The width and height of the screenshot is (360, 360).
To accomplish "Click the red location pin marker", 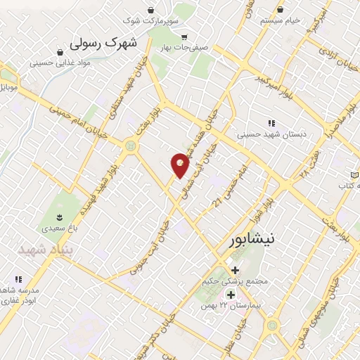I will [180, 164].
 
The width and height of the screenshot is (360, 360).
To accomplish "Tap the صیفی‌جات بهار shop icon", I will [184, 37].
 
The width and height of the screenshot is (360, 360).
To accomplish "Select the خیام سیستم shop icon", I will [281, 10].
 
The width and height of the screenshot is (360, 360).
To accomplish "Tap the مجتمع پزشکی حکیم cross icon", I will [234, 270].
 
